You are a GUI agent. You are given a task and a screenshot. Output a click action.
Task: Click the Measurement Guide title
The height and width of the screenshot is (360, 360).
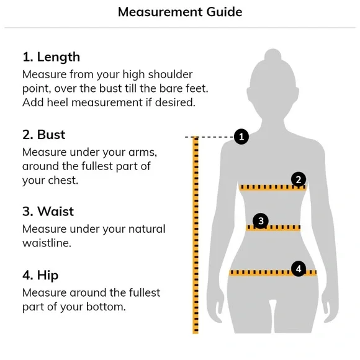(x=180, y=12)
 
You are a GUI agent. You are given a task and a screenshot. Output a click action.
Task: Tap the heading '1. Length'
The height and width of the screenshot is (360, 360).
(x=51, y=57)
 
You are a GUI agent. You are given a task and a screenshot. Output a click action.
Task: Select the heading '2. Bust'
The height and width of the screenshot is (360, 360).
(x=44, y=135)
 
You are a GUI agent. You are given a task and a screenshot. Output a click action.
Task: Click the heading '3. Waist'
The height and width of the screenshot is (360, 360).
(x=48, y=211)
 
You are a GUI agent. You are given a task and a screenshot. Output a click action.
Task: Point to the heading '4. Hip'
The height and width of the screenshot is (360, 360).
(x=40, y=276)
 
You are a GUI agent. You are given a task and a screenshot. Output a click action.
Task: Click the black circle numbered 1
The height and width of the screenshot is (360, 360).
(x=241, y=137)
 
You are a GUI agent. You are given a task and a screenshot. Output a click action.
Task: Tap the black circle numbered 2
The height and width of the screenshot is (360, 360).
(x=299, y=179)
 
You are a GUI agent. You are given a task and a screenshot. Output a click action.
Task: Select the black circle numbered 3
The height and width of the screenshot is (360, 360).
(x=261, y=221)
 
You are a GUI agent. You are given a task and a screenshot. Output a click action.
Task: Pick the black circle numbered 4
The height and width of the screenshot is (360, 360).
(x=299, y=269)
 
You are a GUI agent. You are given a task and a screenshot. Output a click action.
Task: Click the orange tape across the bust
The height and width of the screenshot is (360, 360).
(x=272, y=187)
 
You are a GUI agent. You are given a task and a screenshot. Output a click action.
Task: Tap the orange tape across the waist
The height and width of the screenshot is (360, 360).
(x=273, y=228)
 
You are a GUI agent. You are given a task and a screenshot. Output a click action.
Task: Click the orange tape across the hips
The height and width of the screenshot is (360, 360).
(x=272, y=272)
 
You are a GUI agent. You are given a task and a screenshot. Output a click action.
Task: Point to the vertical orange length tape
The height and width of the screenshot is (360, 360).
(x=196, y=235)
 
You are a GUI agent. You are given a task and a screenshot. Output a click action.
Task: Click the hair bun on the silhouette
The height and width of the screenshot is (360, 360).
(x=272, y=55)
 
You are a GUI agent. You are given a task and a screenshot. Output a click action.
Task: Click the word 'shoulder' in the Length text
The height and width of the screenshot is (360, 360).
(x=170, y=74)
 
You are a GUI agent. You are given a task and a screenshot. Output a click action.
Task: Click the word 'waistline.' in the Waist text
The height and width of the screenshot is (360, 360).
(x=47, y=243)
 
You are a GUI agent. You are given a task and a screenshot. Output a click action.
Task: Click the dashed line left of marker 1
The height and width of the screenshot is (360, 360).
(x=209, y=137)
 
